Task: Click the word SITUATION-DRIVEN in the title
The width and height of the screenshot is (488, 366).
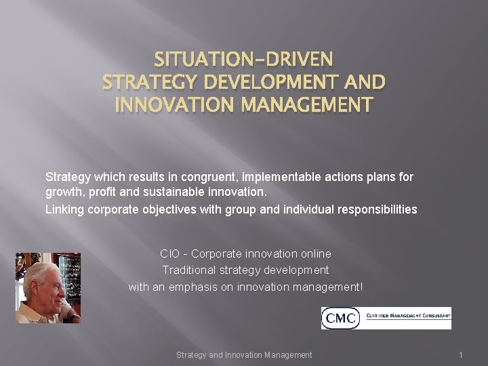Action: coord(243,60)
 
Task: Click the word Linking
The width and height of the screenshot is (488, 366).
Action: coord(64,209)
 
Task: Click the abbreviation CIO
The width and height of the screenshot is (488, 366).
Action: coord(169,253)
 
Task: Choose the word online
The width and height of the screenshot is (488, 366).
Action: coord(316,253)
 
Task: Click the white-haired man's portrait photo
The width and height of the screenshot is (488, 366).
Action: coord(47,287)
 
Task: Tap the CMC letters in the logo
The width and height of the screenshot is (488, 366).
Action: coord(340,318)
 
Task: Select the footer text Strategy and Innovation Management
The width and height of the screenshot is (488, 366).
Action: coord(244,354)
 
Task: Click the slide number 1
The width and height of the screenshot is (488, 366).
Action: coord(460,354)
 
